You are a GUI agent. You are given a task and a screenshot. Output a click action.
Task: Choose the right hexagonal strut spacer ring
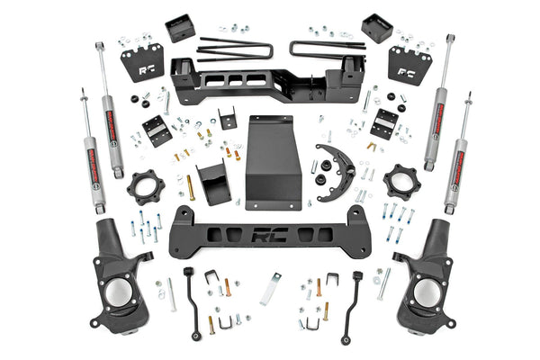[x=401, y=185]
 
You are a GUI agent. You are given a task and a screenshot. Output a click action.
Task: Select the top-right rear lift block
[x=374, y=27]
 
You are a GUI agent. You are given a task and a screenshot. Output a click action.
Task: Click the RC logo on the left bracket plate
[x=142, y=65]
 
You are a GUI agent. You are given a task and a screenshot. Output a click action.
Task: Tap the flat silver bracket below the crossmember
[x=271, y=289]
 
